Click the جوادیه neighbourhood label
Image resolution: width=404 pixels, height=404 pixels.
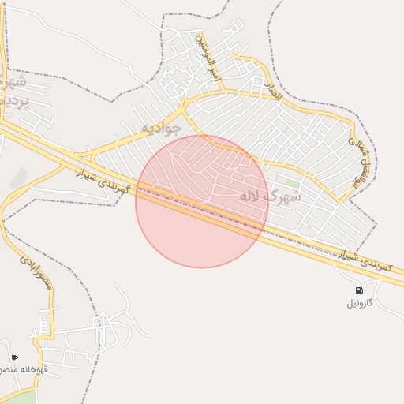(161, 126)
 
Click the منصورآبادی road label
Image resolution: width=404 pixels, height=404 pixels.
(36, 271)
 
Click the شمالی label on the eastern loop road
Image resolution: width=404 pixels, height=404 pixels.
(353, 144)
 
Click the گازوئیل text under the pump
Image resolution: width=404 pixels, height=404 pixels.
(361, 303)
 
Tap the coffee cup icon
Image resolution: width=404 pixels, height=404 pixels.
(14, 357)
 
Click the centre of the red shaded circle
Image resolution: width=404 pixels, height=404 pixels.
(202, 201)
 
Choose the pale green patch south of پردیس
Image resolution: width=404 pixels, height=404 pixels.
(17, 178)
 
